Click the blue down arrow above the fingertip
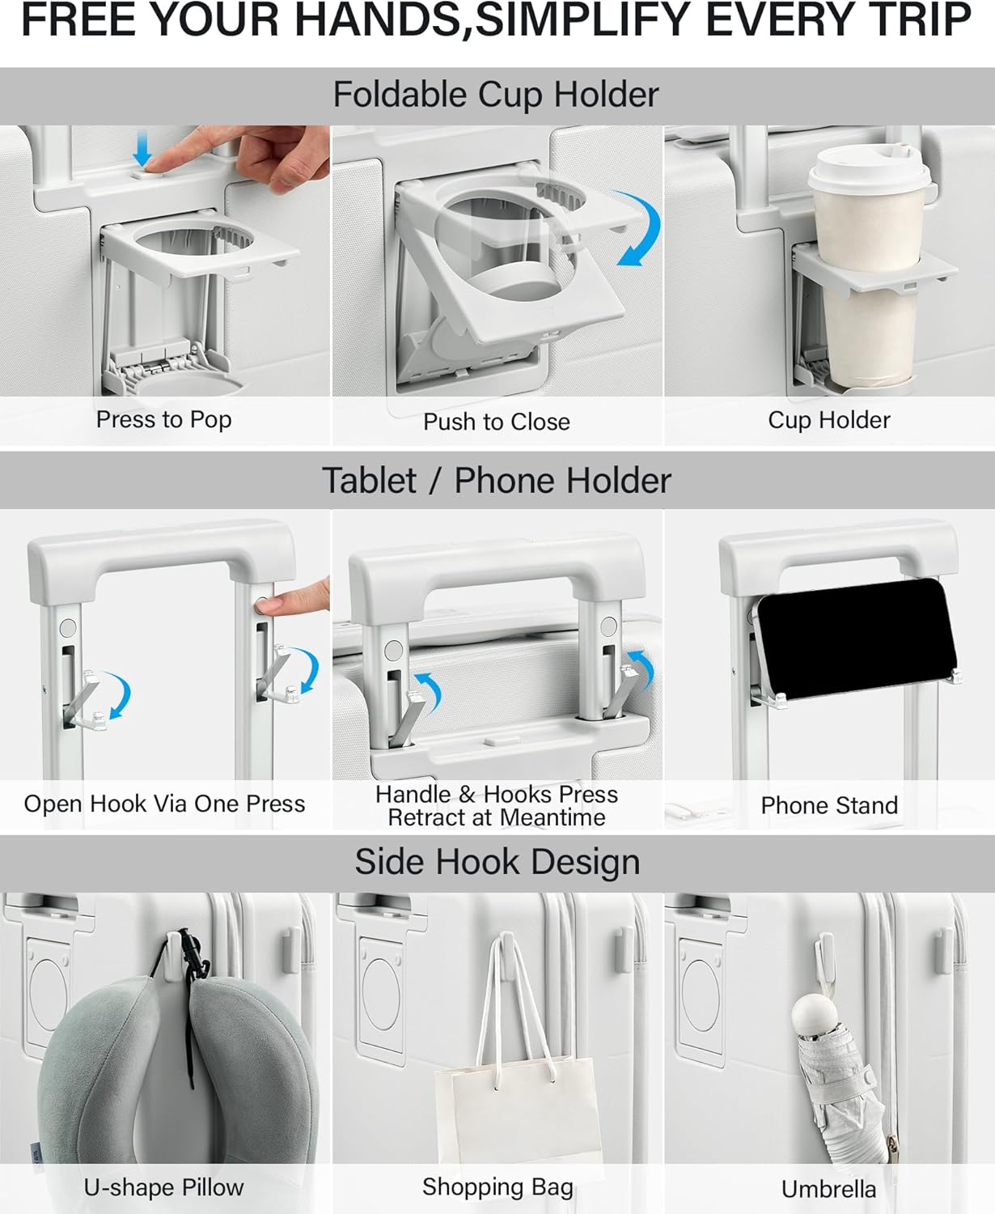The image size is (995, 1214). [x=142, y=148]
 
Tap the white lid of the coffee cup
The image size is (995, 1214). [x=869, y=170]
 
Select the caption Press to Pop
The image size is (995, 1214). [x=164, y=419]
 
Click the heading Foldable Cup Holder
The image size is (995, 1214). [x=496, y=95]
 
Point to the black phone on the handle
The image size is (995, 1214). [x=855, y=639]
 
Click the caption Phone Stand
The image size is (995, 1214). [x=829, y=805]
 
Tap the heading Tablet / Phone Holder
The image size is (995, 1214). [x=497, y=480]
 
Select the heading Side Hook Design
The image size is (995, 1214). [x=497, y=862]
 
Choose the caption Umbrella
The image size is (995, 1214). [x=828, y=1189]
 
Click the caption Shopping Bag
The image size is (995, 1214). [x=497, y=1187]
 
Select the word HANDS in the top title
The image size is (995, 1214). [x=382, y=20]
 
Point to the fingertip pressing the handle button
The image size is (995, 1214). [x=269, y=605]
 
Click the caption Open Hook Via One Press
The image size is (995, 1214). [x=164, y=804]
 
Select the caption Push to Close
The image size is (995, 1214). [x=497, y=422]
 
